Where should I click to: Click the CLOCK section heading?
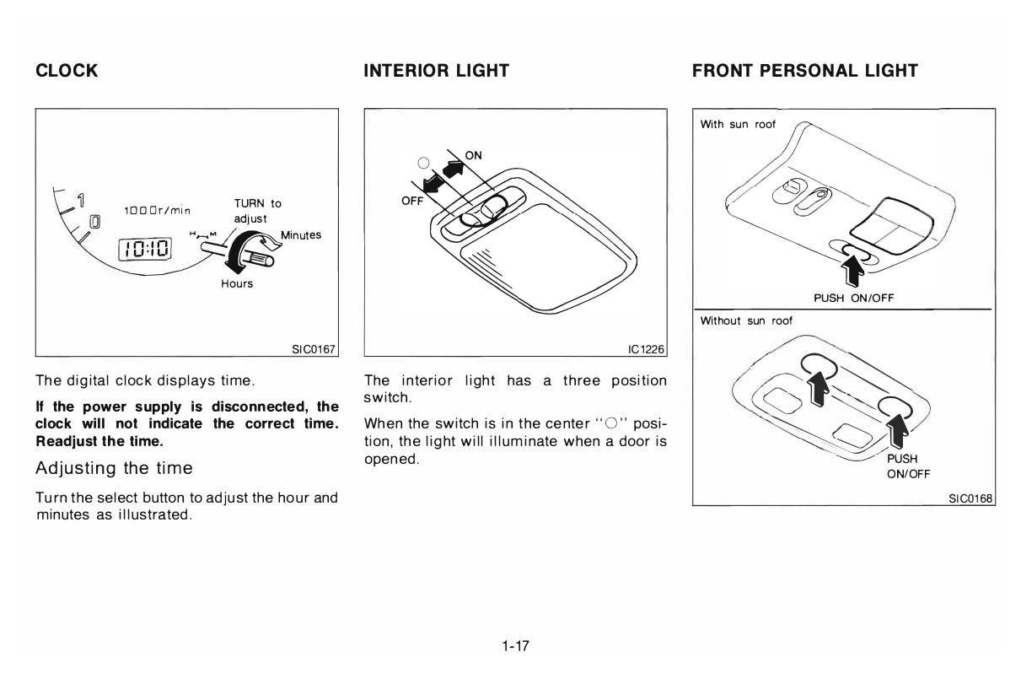pos(67,71)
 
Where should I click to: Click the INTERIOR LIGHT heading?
pos(436,71)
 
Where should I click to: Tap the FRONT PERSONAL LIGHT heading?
pos(805,71)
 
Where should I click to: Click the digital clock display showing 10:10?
pos(145,249)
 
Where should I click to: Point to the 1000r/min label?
pos(158,211)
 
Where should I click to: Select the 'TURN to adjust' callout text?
pos(257,211)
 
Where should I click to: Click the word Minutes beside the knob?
pos(301,235)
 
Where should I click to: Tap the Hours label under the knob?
pos(237,283)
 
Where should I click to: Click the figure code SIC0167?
pos(314,349)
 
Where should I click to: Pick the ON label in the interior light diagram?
pos(473,155)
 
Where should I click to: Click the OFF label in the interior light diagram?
pos(412,201)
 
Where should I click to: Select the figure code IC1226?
pos(646,349)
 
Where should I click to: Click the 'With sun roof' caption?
pos(738,125)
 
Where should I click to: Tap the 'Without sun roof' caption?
pos(746,321)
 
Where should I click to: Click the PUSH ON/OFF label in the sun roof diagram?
pos(854,299)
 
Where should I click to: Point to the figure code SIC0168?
pos(970,498)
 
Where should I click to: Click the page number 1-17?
pos(515,646)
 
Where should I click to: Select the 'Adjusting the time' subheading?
pos(115,468)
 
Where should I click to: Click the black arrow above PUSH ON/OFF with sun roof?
pos(852,271)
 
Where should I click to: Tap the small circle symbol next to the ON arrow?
pos(423,163)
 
